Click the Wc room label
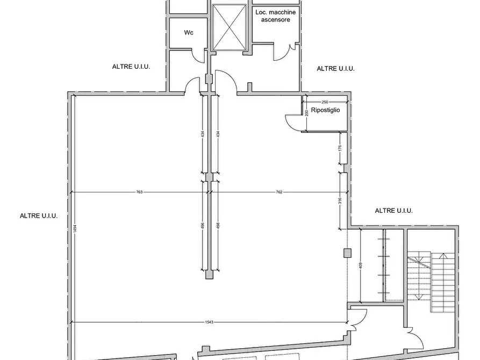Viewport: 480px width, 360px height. (x=189, y=32)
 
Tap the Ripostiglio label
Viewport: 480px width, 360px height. (x=325, y=110)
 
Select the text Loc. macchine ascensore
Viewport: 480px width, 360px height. (x=276, y=16)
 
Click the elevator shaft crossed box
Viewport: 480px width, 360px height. (x=229, y=27)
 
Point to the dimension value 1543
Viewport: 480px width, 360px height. (x=209, y=322)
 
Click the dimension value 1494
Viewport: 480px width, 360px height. (x=75, y=229)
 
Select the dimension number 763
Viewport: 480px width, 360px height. (x=139, y=192)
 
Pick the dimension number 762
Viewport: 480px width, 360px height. (x=279, y=192)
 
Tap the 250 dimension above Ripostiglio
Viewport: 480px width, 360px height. (x=325, y=102)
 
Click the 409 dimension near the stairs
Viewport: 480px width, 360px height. (x=360, y=265)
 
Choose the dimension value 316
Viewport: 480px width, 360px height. (x=340, y=201)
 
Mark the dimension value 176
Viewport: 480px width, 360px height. (x=340, y=148)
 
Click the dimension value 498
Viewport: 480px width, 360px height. (x=218, y=226)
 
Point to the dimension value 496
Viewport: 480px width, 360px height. (x=203, y=226)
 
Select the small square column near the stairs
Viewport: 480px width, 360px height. (x=347, y=253)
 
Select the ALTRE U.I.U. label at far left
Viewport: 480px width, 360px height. (x=39, y=216)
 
